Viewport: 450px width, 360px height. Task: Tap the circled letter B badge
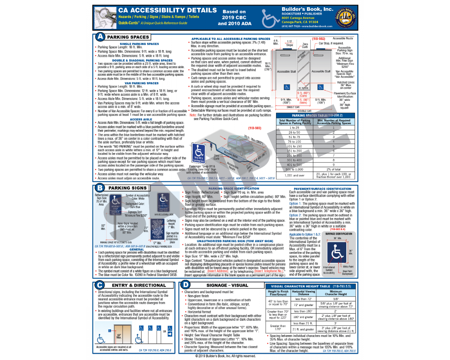pos(100,188)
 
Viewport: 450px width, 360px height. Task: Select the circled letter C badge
pos(100,285)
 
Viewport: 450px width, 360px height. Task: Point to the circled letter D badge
pos(186,285)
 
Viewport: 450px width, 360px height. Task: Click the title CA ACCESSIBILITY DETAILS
pos(167,10)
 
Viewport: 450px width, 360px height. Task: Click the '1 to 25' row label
pos(294,128)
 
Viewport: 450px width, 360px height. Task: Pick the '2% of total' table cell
pos(333,169)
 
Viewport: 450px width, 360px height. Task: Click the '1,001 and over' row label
pos(294,175)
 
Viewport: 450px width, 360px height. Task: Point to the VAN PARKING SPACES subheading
pos(141,83)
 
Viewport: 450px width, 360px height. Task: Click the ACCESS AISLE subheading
pos(141,119)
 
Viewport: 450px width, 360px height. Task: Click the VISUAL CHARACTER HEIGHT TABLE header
pos(311,286)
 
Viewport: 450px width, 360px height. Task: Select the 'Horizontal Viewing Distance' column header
pos(303,293)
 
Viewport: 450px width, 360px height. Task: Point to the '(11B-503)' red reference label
pos(255,128)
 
